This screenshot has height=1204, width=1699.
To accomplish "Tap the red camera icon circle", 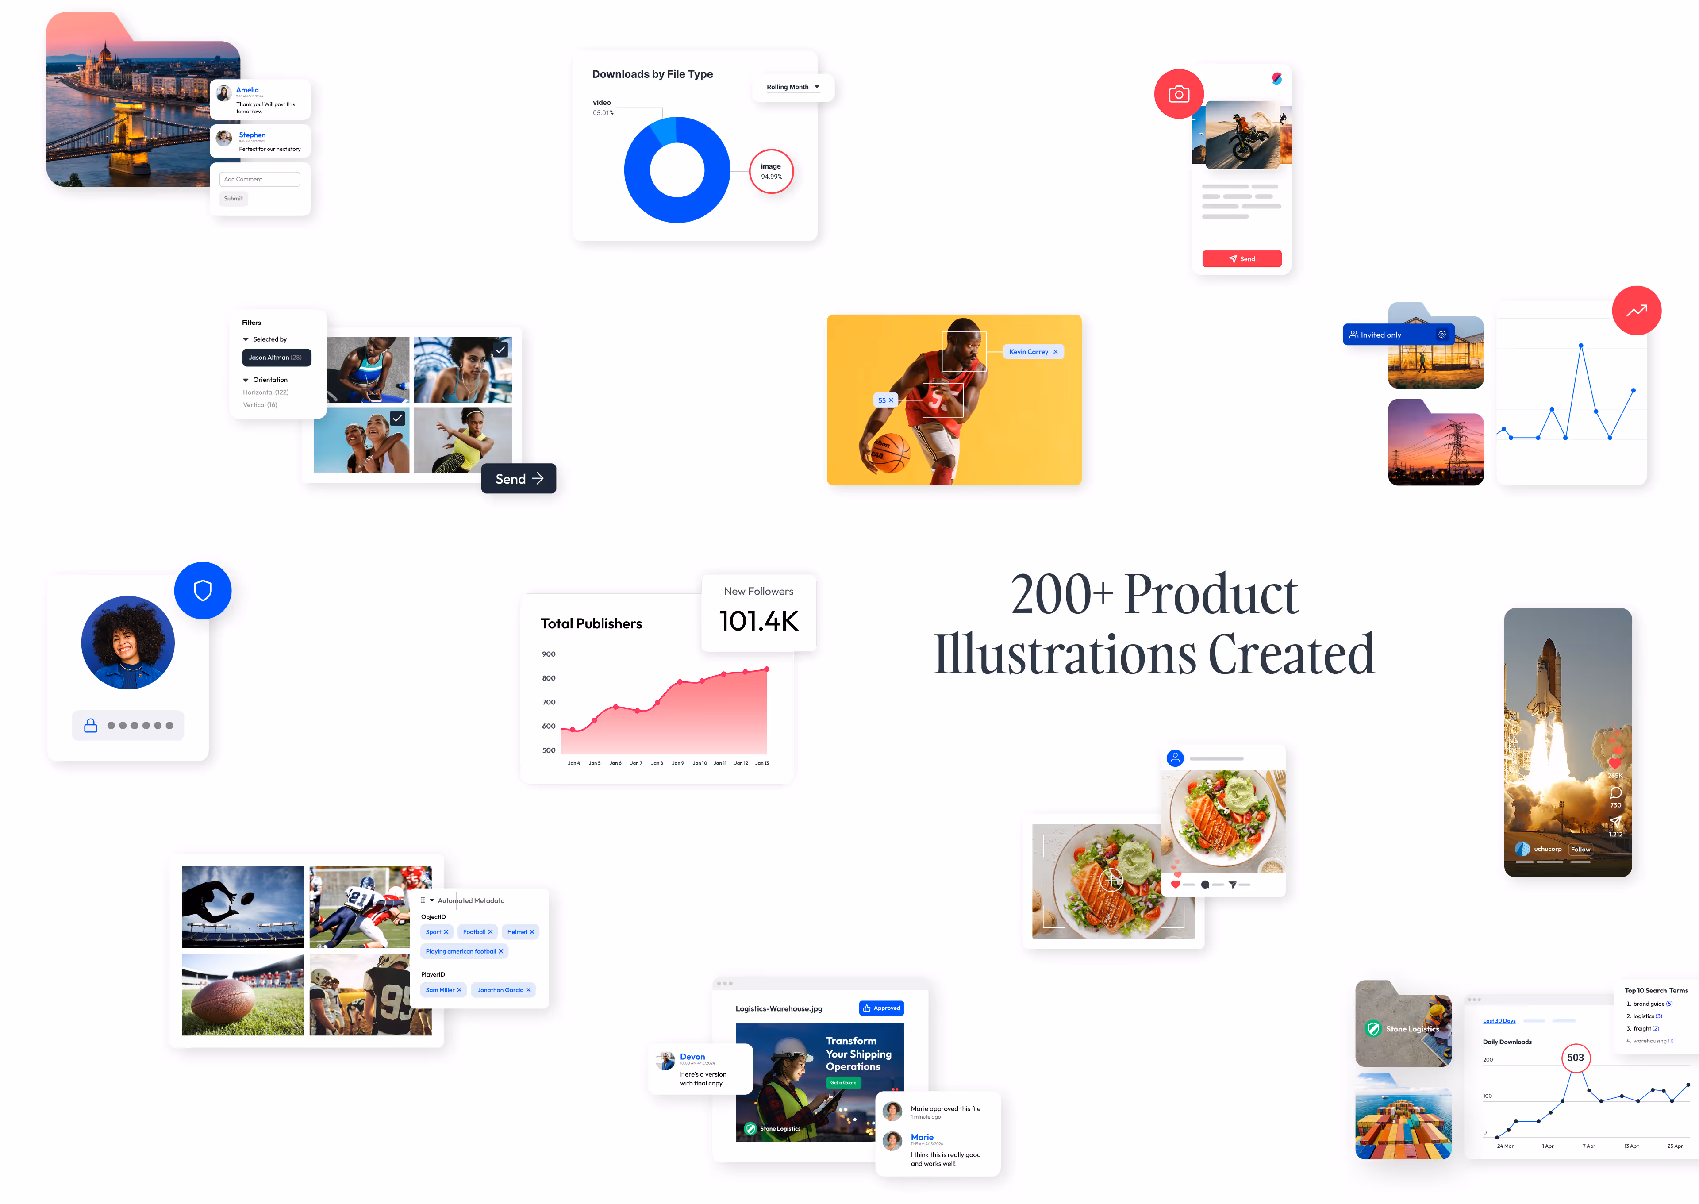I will click(x=1179, y=94).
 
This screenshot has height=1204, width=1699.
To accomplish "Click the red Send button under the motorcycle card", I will click(x=1242, y=259).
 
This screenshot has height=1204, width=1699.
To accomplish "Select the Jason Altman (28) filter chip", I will click(x=276, y=358).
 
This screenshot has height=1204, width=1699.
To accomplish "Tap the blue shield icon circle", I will click(x=202, y=591).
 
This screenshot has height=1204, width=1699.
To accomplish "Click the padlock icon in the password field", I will click(x=90, y=726).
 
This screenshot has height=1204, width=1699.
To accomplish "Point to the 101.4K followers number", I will click(x=758, y=621).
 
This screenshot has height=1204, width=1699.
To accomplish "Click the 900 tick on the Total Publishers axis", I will click(x=549, y=654).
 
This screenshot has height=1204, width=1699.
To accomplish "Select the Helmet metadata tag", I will click(x=520, y=932).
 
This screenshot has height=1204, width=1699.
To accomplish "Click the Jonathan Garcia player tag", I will click(x=504, y=990).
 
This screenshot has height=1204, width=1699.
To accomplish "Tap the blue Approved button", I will click(x=881, y=1008).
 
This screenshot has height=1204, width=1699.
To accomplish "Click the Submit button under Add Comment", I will click(x=234, y=199).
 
